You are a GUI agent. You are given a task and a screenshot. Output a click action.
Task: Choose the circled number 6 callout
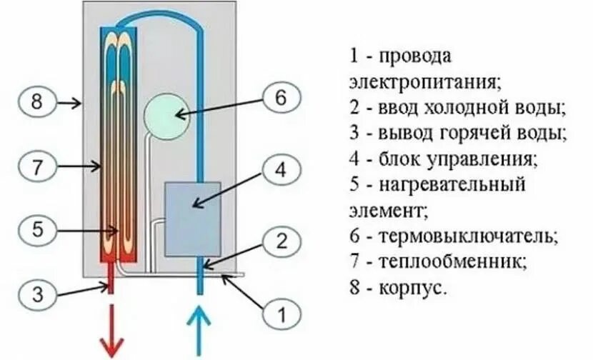pyautogui.click(x=281, y=97)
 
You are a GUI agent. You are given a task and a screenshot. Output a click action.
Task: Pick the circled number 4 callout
pyautogui.click(x=281, y=170)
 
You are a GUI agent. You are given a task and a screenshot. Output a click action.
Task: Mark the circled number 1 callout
pyautogui.click(x=281, y=312)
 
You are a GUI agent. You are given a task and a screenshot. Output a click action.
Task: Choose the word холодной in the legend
pyautogui.click(x=473, y=107)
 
